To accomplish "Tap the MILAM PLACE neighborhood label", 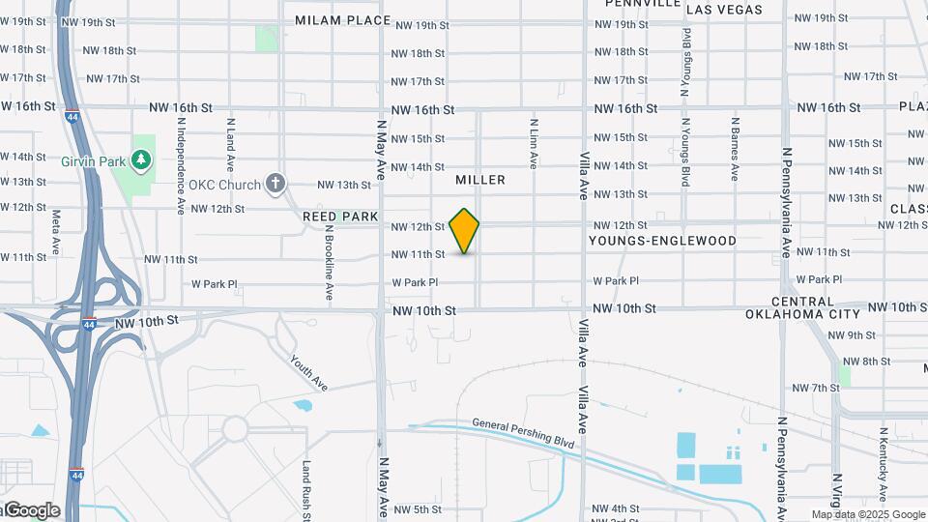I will point(342,19).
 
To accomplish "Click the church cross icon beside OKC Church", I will point(276,184).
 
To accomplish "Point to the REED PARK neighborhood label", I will point(339,217).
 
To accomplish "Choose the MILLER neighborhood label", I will point(480,180).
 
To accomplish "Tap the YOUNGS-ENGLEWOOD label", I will point(662,241).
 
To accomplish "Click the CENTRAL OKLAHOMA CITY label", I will point(802,308).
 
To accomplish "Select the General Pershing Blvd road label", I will point(523,436).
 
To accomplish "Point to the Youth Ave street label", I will point(308,372).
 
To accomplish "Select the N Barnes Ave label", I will point(735,149).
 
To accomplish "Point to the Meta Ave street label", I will point(56,230).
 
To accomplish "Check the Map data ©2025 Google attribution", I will point(867,514).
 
